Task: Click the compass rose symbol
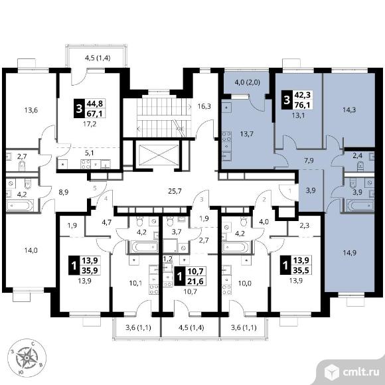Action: coord(27,358)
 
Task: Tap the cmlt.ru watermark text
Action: coord(360,372)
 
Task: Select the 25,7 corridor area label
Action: coord(175,191)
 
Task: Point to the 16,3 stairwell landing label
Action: coord(204,107)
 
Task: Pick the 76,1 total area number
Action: coord(303,105)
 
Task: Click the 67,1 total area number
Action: coord(94,114)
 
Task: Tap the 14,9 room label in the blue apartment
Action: coord(349,253)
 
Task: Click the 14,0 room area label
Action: coord(31,250)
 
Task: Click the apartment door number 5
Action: coord(95,189)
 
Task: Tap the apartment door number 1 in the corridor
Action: coord(289,191)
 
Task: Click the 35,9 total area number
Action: coord(90,270)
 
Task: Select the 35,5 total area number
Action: coord(301,270)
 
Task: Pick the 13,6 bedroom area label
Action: coord(31,110)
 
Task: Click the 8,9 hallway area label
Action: coord(64,193)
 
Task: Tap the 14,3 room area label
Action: coord(349,110)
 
